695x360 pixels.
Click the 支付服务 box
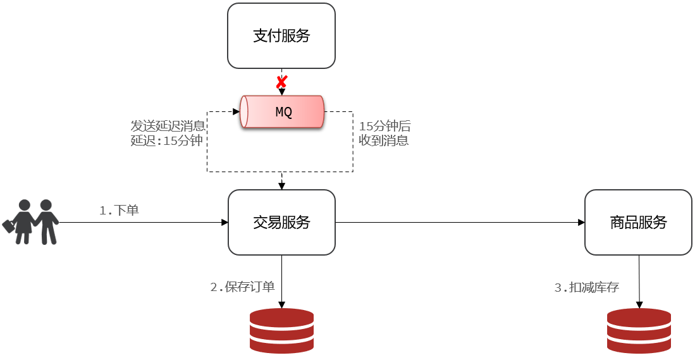[281, 36]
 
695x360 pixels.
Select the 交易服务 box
[281, 223]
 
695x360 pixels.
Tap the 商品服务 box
[638, 223]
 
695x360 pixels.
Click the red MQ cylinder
[282, 112]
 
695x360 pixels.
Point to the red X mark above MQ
[281, 82]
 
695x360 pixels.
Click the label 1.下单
[120, 210]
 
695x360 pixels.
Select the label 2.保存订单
[242, 287]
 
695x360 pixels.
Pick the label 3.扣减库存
[587, 287]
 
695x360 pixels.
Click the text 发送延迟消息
[168, 126]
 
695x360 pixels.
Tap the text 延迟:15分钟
[167, 140]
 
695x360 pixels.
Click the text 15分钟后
[384, 126]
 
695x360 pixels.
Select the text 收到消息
[384, 140]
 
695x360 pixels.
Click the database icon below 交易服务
[282, 331]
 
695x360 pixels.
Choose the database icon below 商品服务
[639, 331]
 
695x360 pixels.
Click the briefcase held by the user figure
[9, 226]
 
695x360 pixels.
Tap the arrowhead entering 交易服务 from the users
[224, 223]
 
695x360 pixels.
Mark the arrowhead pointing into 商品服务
[582, 223]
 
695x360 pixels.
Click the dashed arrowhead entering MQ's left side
[237, 112]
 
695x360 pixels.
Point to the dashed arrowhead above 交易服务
[281, 186]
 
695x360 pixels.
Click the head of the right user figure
[46, 205]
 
